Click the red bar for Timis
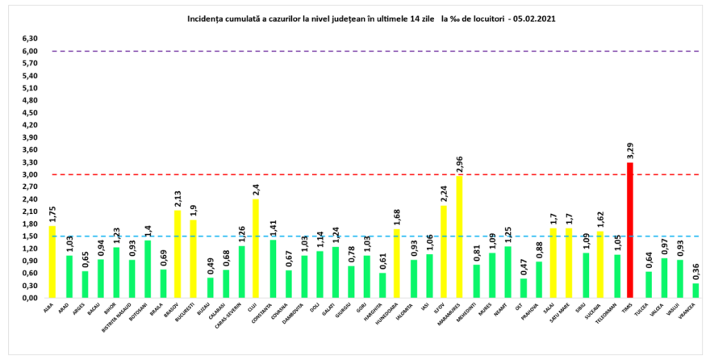coord(630,230)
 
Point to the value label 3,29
coord(630,152)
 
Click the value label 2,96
coord(458,165)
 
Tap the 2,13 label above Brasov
coord(177,199)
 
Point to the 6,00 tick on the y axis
coord(30,51)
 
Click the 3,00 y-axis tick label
coord(30,174)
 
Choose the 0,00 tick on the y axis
coord(30,298)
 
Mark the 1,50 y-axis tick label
coord(30,237)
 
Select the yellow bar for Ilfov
coord(443,251)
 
